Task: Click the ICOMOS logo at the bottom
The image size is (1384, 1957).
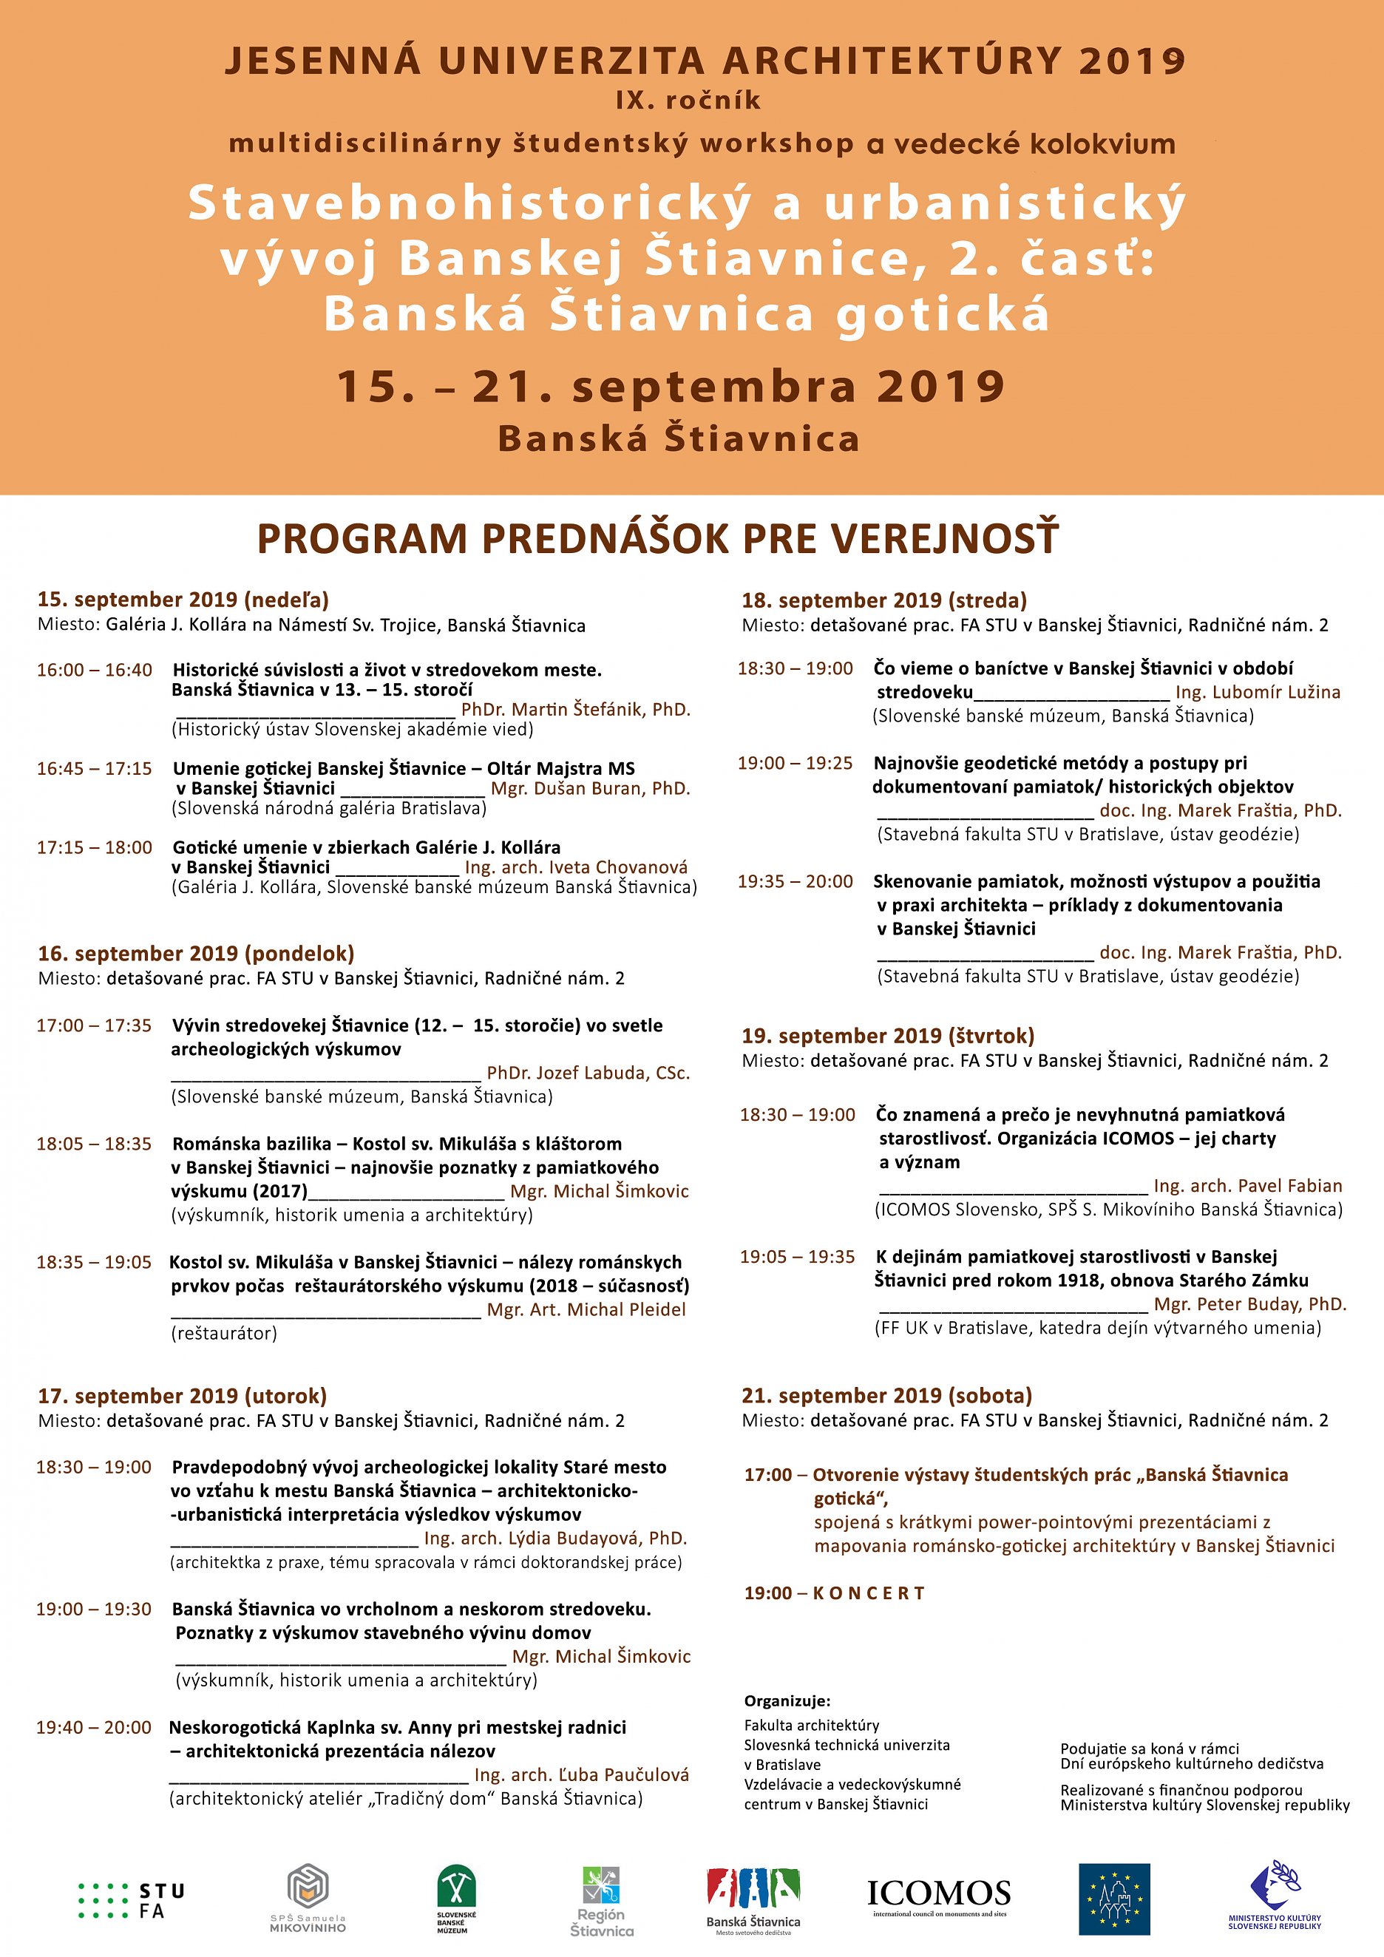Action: pos(938,1896)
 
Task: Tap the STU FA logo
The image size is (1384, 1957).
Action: pos(132,1901)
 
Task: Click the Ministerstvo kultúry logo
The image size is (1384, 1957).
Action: pos(1274,1894)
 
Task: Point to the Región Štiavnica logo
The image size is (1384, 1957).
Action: pos(602,1899)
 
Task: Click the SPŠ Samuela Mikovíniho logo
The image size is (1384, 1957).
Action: pos(308,1897)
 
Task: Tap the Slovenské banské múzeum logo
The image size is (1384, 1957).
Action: pos(456,1897)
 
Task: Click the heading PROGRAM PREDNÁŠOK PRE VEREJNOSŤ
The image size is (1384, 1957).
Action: pos(657,539)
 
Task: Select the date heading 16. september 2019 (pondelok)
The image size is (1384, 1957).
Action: pos(196,953)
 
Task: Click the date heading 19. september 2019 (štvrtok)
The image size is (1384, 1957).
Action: pos(888,1036)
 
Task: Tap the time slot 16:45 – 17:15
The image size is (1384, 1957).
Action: pos(94,769)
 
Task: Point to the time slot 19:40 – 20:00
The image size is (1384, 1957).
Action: pos(94,1728)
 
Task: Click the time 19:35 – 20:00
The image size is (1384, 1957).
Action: pos(795,881)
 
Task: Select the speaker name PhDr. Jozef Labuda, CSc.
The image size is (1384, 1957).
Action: pos(588,1073)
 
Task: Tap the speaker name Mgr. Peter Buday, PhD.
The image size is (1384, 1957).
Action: pos(1250,1304)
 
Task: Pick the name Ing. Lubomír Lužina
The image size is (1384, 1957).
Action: pos(1258,692)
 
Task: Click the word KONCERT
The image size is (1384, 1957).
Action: pos(869,1593)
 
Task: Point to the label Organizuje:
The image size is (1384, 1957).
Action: pos(787,1701)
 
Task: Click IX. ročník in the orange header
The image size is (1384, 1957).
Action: pos(688,101)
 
